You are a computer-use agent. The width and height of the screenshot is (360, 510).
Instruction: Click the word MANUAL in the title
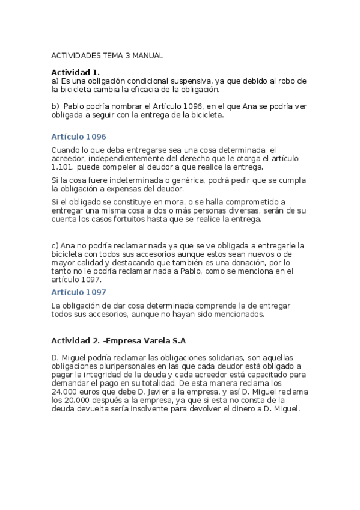[148, 55]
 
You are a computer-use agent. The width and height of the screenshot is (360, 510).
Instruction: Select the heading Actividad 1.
[75, 72]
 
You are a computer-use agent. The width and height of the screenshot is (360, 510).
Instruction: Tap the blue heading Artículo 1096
[79, 137]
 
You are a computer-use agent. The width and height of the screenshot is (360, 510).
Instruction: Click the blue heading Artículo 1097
[79, 292]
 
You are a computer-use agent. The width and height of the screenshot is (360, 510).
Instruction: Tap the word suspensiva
[183, 81]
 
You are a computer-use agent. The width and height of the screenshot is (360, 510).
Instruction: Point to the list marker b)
[55, 106]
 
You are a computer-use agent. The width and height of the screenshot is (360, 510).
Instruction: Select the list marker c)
[55, 245]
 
